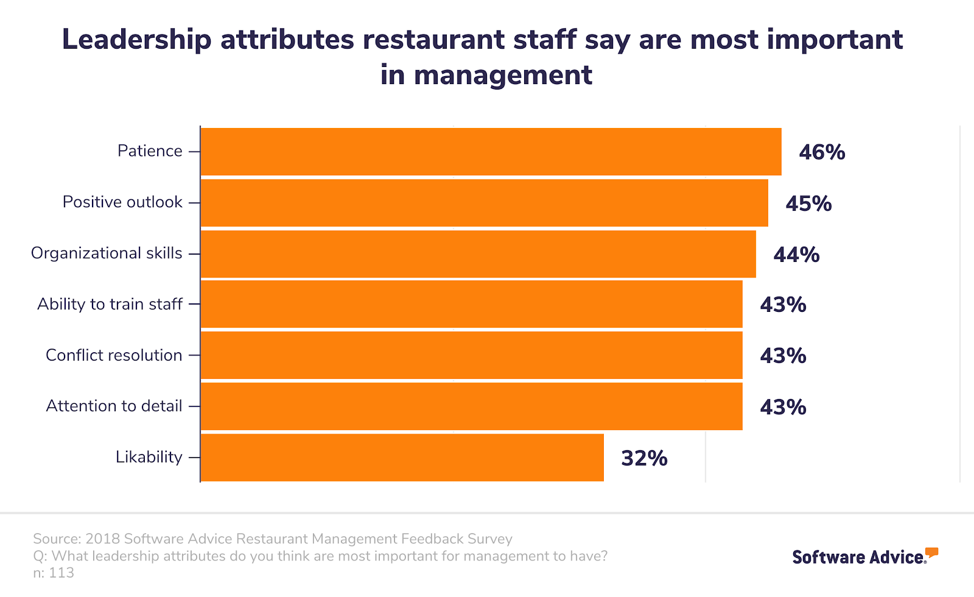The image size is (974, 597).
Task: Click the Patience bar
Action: click(491, 152)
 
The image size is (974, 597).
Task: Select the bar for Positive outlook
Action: click(484, 203)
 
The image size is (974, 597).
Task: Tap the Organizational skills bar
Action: click(478, 254)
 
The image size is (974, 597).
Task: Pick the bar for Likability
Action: click(402, 457)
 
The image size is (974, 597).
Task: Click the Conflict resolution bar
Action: click(471, 355)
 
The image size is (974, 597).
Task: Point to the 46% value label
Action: click(822, 152)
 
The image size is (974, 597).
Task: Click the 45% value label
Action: click(808, 203)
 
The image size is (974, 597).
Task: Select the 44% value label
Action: click(796, 255)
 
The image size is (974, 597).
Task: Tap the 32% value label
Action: click(644, 458)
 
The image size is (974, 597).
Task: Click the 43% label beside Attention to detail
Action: click(783, 407)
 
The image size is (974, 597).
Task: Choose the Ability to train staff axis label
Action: click(110, 304)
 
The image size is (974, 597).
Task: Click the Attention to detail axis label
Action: click(114, 406)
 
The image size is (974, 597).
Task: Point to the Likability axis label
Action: click(149, 457)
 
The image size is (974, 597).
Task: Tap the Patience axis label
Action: click(150, 150)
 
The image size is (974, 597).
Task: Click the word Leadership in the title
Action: click(136, 40)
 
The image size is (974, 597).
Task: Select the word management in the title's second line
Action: click(502, 76)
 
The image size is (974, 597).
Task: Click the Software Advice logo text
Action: click(858, 557)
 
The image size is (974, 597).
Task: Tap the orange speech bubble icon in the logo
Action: click(931, 553)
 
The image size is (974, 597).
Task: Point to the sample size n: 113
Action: click(54, 573)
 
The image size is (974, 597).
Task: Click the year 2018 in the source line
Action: click(102, 539)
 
